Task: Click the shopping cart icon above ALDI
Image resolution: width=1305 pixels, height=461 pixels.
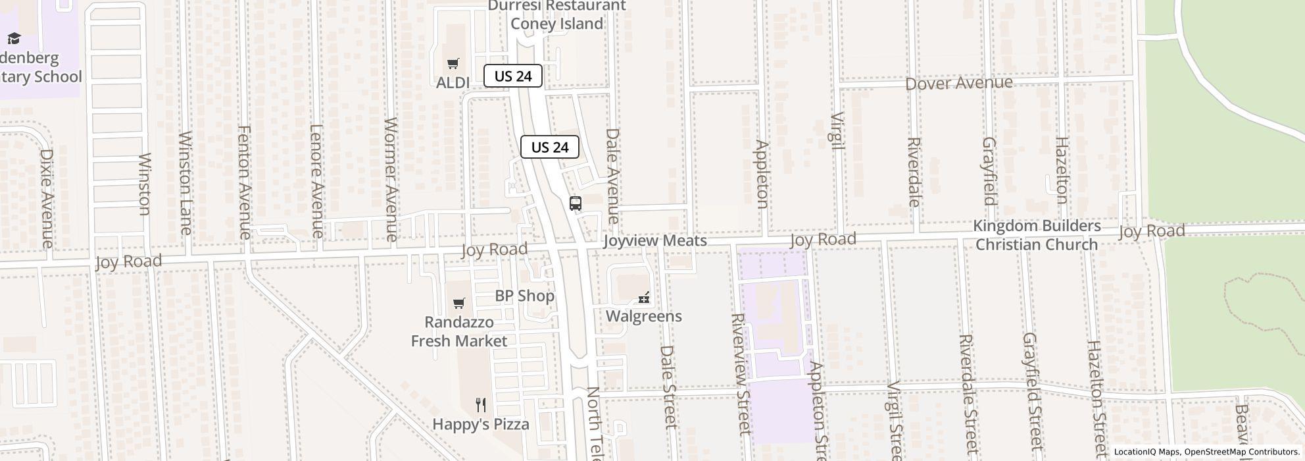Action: click(x=453, y=64)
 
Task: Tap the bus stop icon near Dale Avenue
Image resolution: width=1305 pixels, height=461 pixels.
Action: click(x=576, y=203)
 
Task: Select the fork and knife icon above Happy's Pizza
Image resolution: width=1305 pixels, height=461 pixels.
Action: click(x=481, y=405)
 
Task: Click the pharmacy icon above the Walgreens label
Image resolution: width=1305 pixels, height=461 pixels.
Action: click(x=644, y=298)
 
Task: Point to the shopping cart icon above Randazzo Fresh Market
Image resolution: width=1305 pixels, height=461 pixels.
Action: click(x=459, y=304)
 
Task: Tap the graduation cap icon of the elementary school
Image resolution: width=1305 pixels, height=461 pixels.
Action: click(x=14, y=39)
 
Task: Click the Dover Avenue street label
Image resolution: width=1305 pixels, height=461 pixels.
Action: click(x=958, y=84)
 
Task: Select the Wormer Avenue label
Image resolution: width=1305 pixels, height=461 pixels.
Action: click(x=391, y=179)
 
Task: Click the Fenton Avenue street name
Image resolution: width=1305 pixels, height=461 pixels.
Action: click(x=244, y=182)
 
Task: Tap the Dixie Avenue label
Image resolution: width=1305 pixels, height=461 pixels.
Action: click(x=46, y=198)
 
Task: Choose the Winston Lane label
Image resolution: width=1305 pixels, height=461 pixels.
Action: click(x=185, y=183)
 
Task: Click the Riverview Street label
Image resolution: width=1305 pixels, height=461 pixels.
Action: click(x=741, y=373)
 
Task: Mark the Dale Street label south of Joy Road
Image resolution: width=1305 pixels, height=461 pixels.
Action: click(x=668, y=387)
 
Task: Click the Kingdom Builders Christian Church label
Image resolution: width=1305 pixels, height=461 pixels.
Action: click(x=1037, y=235)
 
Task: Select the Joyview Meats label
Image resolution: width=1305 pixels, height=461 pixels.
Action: click(x=655, y=241)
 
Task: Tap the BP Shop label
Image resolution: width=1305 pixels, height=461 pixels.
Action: click(x=524, y=296)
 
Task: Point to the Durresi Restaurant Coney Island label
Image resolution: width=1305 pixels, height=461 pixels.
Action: click(x=556, y=15)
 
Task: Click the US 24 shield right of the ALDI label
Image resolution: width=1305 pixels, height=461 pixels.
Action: click(x=513, y=76)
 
